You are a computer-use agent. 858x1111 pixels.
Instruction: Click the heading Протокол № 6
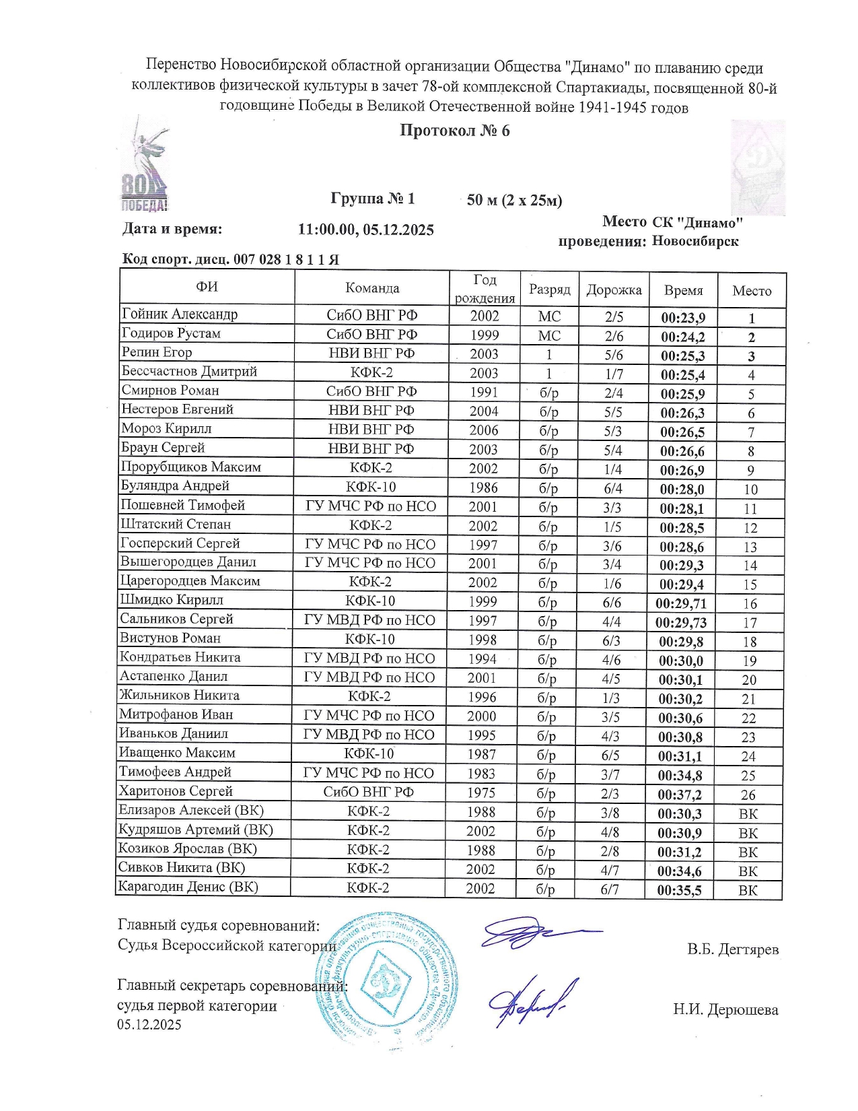(455, 131)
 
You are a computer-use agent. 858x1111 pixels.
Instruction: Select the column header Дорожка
(614, 290)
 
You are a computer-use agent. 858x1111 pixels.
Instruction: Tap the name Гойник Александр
(180, 314)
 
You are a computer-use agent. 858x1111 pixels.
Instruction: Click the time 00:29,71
(681, 603)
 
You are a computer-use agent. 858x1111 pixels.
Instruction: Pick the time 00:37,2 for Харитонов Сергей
(680, 795)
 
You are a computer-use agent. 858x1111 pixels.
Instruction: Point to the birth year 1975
(481, 793)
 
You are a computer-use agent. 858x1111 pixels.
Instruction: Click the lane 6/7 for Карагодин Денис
(610, 889)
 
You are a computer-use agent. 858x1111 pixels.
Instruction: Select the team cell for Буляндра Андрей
(371, 487)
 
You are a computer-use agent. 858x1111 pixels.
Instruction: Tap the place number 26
(748, 795)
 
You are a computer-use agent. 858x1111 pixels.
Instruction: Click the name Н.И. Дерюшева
(725, 1010)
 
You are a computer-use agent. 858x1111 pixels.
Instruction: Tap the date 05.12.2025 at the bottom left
(149, 1025)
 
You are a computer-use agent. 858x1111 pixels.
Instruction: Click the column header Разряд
(549, 290)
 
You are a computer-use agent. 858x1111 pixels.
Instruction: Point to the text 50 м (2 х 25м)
(514, 200)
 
